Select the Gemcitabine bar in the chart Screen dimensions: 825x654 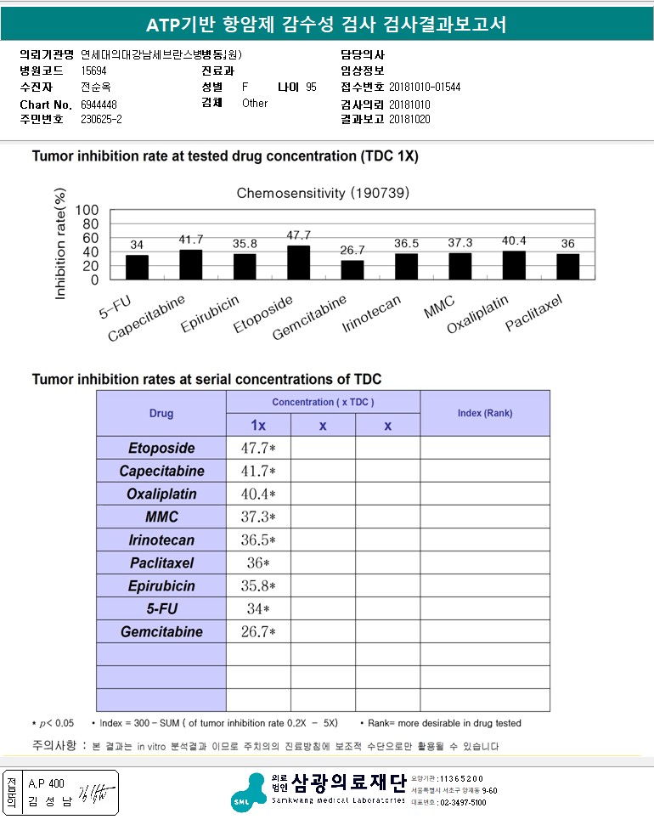click(352, 269)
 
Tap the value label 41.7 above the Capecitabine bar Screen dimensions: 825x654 click(190, 240)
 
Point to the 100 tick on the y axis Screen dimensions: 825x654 click(87, 211)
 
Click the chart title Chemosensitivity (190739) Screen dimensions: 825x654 click(323, 193)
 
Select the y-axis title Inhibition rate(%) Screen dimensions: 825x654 click(60, 245)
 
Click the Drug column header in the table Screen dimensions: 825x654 click(161, 414)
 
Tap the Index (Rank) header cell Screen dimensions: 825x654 click(484, 414)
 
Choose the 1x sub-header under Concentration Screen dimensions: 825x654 click(258, 426)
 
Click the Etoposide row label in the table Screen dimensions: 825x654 click(161, 449)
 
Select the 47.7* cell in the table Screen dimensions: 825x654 click(258, 449)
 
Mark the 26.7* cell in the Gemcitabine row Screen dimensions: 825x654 click(258, 632)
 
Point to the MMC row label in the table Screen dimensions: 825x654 click(161, 517)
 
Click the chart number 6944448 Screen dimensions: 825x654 click(99, 104)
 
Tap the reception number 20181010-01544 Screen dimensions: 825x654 click(425, 87)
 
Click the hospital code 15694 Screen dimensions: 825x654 click(93, 71)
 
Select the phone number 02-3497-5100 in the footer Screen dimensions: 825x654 click(459, 802)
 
